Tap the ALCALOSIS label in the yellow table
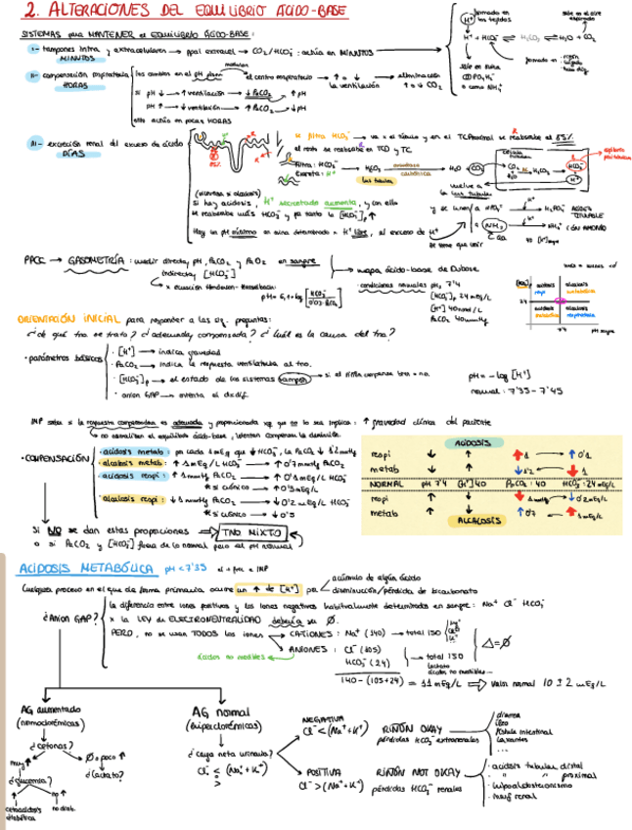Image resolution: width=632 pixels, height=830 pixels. [x=472, y=521]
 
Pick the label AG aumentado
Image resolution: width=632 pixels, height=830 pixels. [x=53, y=710]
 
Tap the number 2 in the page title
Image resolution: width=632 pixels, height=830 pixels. [x=33, y=12]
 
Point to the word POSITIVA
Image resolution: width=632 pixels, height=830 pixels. [x=319, y=771]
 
